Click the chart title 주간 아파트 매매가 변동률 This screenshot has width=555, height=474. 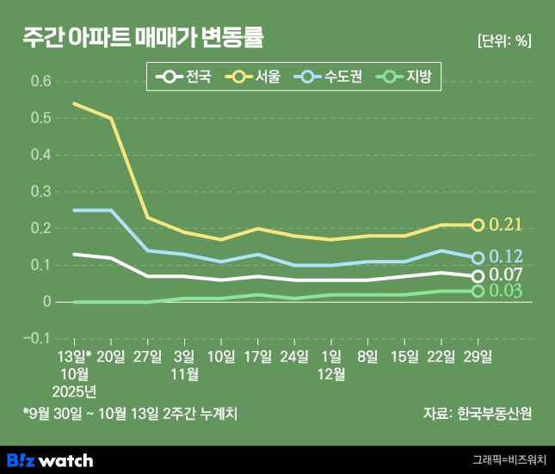pyautogui.click(x=144, y=38)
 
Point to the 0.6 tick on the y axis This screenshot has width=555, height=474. pyautogui.click(x=40, y=81)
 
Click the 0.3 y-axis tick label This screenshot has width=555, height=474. pyautogui.click(x=40, y=191)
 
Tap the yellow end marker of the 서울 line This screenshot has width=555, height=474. pyautogui.click(x=478, y=225)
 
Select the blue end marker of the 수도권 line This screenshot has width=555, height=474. pyautogui.click(x=478, y=257)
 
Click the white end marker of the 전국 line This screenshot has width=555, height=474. pyautogui.click(x=478, y=275)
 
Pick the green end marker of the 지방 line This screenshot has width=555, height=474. pyautogui.click(x=478, y=291)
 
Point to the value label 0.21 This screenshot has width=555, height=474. pyautogui.click(x=506, y=225)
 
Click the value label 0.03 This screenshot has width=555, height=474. pyautogui.click(x=506, y=292)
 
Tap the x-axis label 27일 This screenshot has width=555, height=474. pyautogui.click(x=148, y=355)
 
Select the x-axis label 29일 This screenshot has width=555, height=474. pyautogui.click(x=478, y=355)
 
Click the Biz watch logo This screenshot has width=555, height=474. pyautogui.click(x=49, y=459)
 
